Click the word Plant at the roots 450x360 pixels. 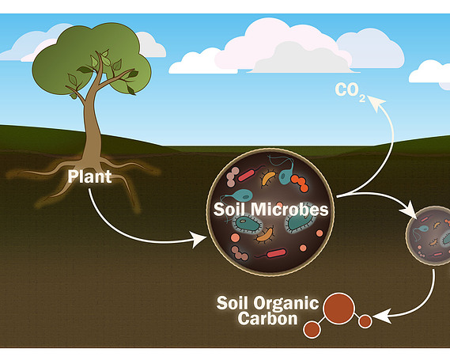(x=89, y=176)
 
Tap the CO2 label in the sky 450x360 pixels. (x=350, y=92)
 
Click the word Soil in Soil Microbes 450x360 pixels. (x=229, y=209)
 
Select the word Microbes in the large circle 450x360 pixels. (x=289, y=209)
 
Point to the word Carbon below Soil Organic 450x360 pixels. (x=267, y=319)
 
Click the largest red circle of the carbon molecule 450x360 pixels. (x=338, y=308)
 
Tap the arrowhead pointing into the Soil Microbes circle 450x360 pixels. (x=199, y=239)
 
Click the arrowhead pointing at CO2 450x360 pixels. (x=376, y=101)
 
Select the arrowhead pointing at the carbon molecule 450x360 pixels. (x=380, y=316)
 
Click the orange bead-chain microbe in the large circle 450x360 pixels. (x=300, y=183)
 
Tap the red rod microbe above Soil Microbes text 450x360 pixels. (x=246, y=176)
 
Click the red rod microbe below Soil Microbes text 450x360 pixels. (x=276, y=253)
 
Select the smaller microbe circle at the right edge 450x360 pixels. (x=428, y=236)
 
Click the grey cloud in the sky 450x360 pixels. (x=302, y=59)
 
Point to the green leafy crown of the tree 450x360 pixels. (x=91, y=59)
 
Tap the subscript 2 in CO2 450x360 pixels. (x=362, y=98)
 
